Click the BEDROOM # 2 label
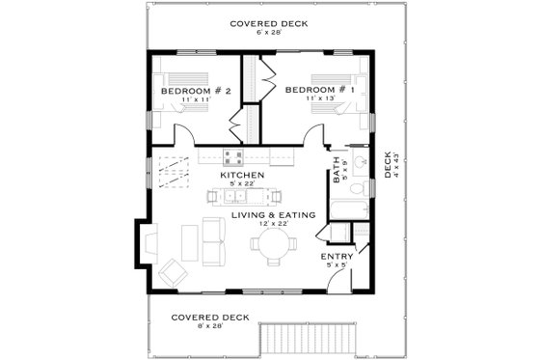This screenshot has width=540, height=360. (197, 91)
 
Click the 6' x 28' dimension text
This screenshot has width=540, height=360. (269, 33)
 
